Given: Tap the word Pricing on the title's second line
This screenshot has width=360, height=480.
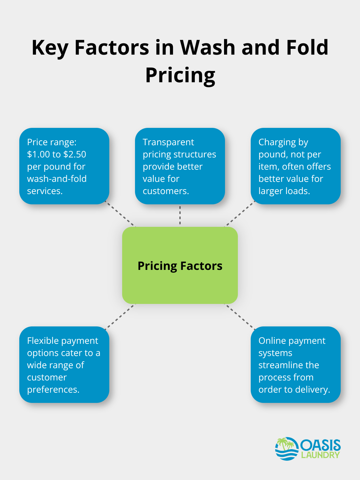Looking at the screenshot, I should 180,76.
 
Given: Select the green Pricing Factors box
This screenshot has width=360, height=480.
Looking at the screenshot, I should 180,265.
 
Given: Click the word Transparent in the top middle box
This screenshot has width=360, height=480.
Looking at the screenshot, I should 168,142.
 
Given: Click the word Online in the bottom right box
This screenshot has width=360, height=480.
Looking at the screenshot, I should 272,341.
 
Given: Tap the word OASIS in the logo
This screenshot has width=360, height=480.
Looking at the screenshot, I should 320,445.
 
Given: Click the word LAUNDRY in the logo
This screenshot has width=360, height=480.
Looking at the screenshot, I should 320,455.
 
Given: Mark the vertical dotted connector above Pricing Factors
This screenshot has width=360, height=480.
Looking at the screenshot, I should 180,215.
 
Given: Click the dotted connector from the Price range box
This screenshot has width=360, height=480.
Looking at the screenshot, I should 121,214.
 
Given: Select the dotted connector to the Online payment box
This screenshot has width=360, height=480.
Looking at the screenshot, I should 240,316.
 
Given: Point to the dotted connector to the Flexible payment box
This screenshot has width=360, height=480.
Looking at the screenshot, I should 120,316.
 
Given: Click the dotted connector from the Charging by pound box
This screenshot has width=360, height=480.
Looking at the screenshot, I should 239,214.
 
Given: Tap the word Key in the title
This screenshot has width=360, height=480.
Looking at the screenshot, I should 50,48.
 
